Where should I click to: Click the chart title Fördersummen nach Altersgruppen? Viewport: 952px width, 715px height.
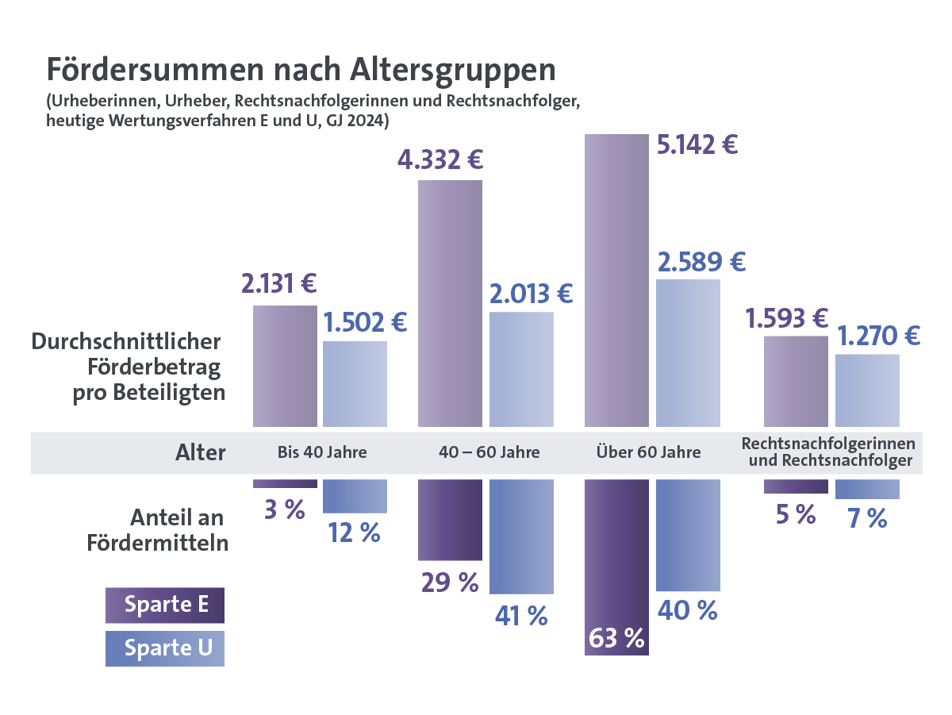pyautogui.click(x=301, y=70)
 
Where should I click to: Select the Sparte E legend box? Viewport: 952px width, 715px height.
pyautogui.click(x=165, y=605)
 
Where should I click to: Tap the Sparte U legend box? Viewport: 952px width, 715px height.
pyautogui.click(x=165, y=648)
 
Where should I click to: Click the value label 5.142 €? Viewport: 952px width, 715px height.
pyautogui.click(x=697, y=146)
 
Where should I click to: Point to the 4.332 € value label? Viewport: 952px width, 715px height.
pyautogui.click(x=440, y=160)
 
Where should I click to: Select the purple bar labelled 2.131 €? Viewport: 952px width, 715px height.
pyautogui.click(x=285, y=366)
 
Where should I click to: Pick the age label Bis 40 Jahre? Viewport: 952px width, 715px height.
pyautogui.click(x=322, y=453)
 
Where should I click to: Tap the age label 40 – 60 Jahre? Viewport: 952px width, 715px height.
pyautogui.click(x=489, y=453)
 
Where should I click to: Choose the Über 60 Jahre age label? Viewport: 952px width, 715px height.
pyautogui.click(x=649, y=453)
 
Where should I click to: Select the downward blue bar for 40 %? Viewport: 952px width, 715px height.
pyautogui.click(x=688, y=535)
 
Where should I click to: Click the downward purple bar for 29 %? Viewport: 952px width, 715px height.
pyautogui.click(x=450, y=520)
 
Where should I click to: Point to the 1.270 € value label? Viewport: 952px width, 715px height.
pyautogui.click(x=878, y=336)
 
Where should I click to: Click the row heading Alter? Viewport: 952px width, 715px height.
pyautogui.click(x=200, y=453)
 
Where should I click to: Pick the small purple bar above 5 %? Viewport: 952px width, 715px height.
pyautogui.click(x=796, y=486)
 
